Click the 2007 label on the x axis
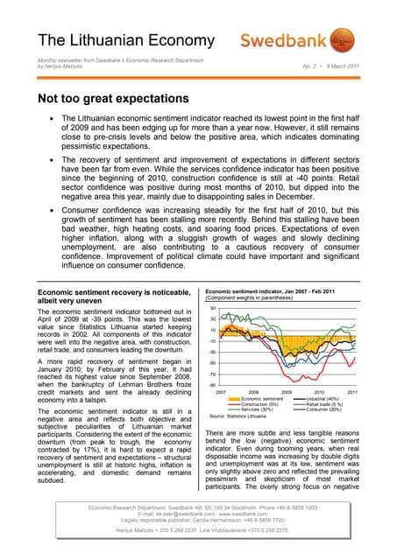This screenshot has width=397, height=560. point(221,392)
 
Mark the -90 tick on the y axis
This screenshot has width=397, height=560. point(212,384)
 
